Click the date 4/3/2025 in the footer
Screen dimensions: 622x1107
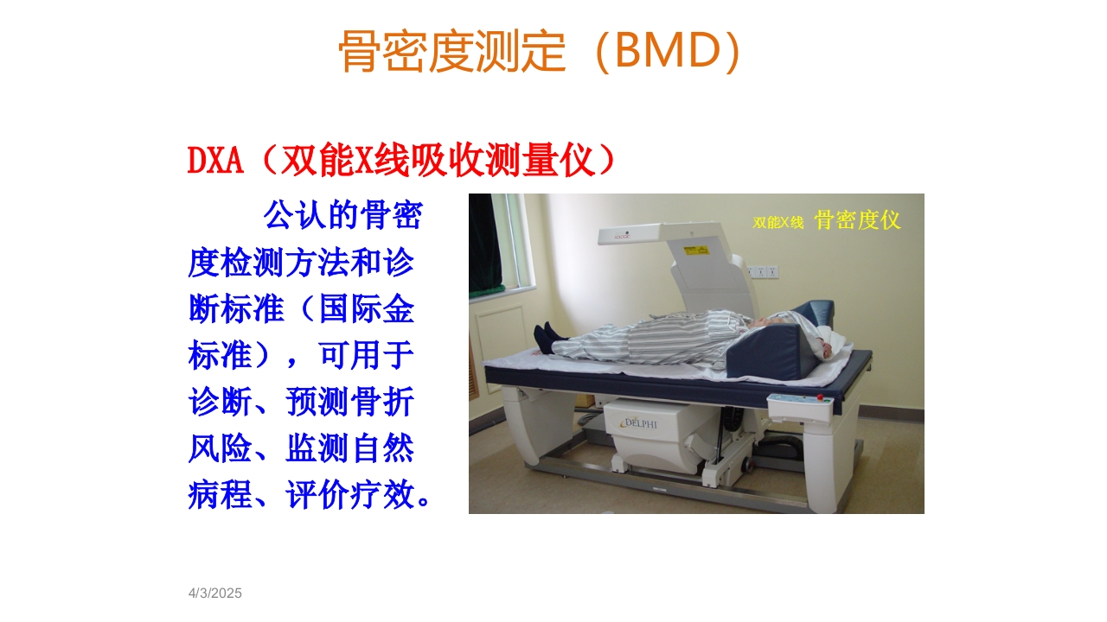tap(215, 593)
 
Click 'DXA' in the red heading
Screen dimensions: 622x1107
tap(215, 161)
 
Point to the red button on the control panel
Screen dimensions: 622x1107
tap(820, 397)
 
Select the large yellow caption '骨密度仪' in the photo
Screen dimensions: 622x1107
tap(857, 220)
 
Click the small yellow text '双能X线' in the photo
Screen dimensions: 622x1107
tap(778, 222)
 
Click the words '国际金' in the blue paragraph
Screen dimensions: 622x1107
tap(367, 309)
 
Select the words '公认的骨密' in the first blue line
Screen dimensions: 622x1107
tap(342, 216)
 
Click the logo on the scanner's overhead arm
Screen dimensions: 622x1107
tap(619, 233)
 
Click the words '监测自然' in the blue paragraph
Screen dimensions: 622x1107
tap(350, 448)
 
